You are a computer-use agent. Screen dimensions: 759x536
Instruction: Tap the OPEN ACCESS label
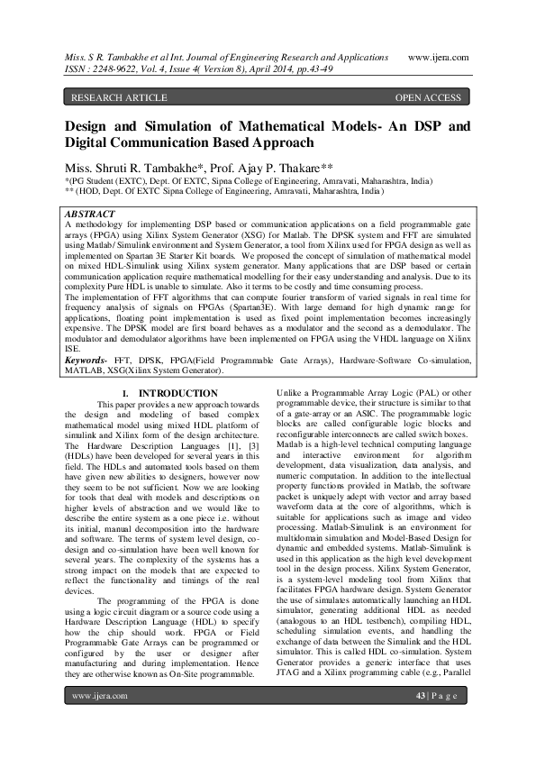[x=428, y=97]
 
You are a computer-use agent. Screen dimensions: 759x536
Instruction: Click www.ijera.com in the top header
[x=439, y=57]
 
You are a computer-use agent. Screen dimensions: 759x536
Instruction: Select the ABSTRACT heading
[x=93, y=214]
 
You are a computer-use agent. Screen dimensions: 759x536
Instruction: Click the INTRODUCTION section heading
[x=177, y=418]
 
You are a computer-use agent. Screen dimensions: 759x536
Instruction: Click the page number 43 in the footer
[x=421, y=721]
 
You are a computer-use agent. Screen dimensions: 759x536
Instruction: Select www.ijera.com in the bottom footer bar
[x=99, y=721]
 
